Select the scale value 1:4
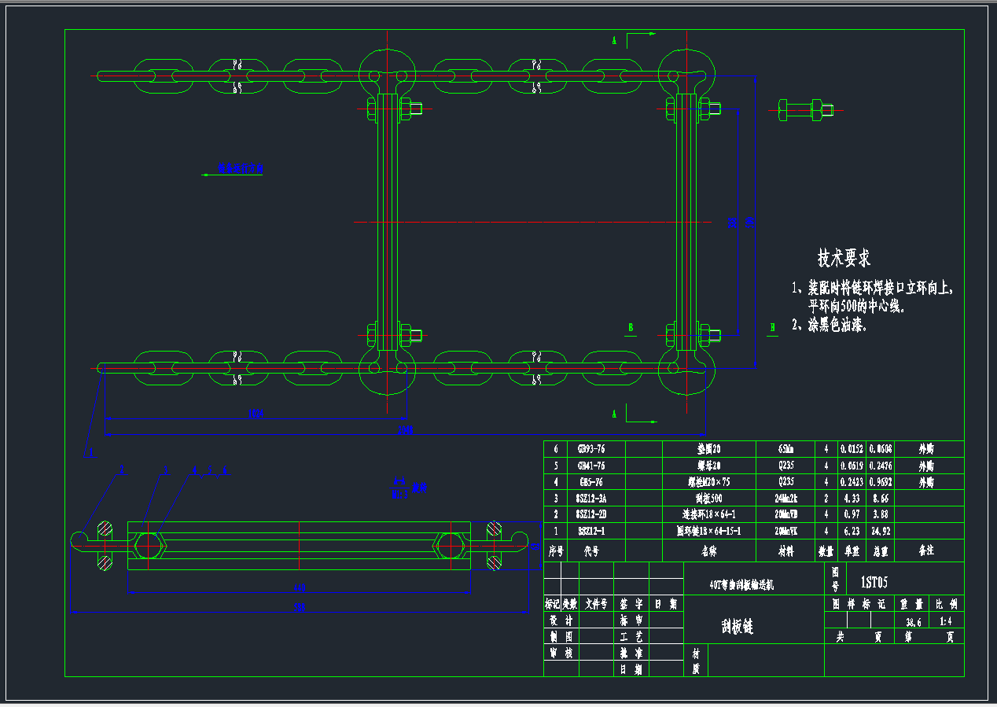(x=947, y=620)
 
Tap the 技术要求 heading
(x=844, y=258)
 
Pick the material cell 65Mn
(x=785, y=449)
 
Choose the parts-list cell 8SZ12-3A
(x=590, y=498)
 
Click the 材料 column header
(x=785, y=551)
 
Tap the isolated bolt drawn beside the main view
(x=806, y=109)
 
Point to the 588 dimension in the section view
(x=299, y=607)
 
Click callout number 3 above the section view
(x=166, y=470)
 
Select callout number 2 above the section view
(x=122, y=470)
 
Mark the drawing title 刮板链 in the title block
(x=737, y=626)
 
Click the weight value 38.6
(x=914, y=620)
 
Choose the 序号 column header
(x=556, y=551)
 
